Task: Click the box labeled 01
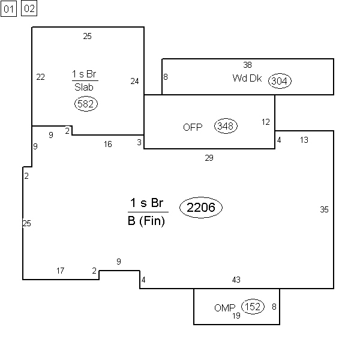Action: pos(9,9)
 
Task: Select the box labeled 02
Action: pos(29,8)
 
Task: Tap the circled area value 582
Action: pos(86,104)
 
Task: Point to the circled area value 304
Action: pos(280,81)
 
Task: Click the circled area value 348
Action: pos(226,126)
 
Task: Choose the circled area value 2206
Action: pos(201,208)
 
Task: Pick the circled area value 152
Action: pos(253,307)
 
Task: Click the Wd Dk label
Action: pos(247,78)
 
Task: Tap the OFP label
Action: pos(193,127)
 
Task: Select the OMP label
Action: pos(225,308)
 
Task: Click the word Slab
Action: pos(84,87)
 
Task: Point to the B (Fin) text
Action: pos(146,221)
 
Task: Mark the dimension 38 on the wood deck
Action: pos(247,65)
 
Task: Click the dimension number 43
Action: pos(236,280)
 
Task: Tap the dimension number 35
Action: pos(324,209)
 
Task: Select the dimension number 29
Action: pos(209,158)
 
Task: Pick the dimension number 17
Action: pos(61,271)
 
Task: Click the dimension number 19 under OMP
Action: pos(236,316)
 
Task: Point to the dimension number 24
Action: pos(134,81)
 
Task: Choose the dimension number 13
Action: pos(304,140)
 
